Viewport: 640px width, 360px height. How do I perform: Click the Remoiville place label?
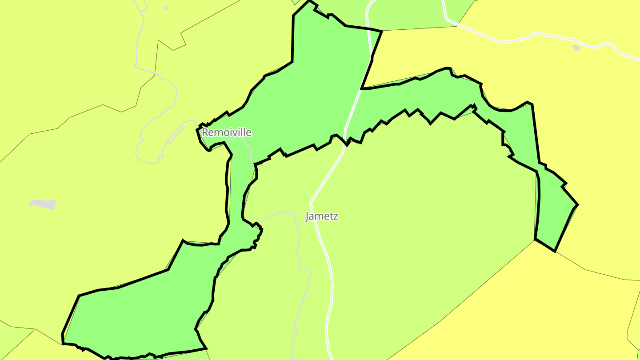pyautogui.click(x=227, y=132)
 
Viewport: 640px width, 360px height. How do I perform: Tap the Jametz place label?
pyautogui.click(x=322, y=216)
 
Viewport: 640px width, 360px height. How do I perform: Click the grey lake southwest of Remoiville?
pyautogui.click(x=43, y=204)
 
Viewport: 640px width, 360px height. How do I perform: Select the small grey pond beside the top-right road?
pyautogui.click(x=577, y=48)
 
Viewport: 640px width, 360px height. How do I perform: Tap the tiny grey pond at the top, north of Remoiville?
pyautogui.click(x=166, y=8)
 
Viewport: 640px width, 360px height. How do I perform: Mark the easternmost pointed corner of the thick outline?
pyautogui.click(x=577, y=205)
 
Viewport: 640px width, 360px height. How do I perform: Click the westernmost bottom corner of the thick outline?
pyautogui.click(x=63, y=343)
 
